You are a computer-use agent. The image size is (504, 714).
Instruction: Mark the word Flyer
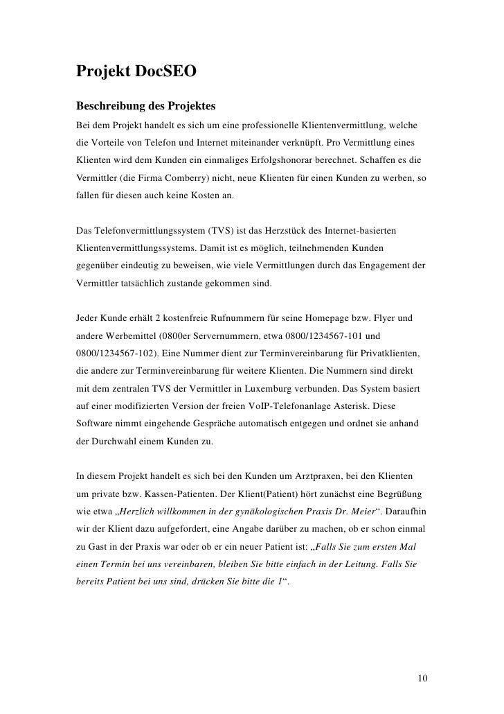coord(381,318)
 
